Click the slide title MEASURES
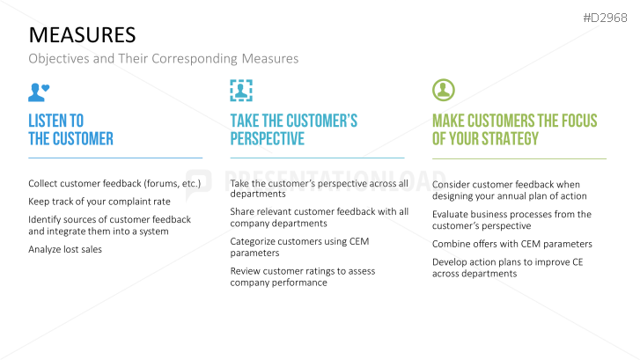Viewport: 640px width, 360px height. pos(82,34)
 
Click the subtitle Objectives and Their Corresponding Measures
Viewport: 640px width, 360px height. pos(163,59)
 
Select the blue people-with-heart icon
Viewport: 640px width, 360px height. pos(39,91)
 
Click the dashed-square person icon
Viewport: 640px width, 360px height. pos(241,91)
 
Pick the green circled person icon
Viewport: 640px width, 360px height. pos(443,90)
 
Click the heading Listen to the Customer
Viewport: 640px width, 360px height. pos(70,129)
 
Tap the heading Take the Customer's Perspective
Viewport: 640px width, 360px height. pos(293,129)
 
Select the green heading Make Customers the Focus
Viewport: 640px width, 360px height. pos(514,129)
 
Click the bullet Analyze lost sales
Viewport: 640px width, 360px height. pos(65,249)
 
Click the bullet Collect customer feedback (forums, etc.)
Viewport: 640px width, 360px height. pos(114,183)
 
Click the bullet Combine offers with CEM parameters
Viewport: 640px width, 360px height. pos(511,244)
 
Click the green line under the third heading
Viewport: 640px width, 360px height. pos(519,159)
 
